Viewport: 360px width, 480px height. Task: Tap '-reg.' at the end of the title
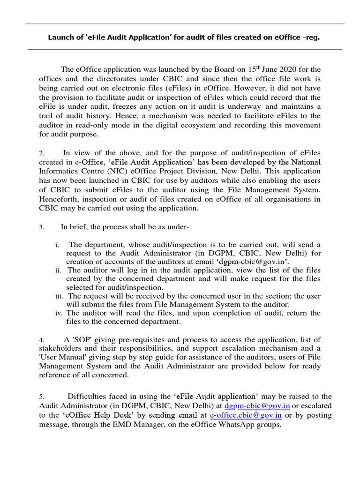click(311, 37)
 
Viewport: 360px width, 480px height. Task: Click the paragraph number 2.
click(42, 153)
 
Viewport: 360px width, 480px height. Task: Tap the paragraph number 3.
click(42, 227)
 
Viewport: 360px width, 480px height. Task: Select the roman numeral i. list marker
click(57, 245)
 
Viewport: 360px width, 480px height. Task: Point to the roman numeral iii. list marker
click(59, 296)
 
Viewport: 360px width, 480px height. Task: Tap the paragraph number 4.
click(42, 339)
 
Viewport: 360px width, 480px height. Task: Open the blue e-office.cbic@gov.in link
click(246, 415)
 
